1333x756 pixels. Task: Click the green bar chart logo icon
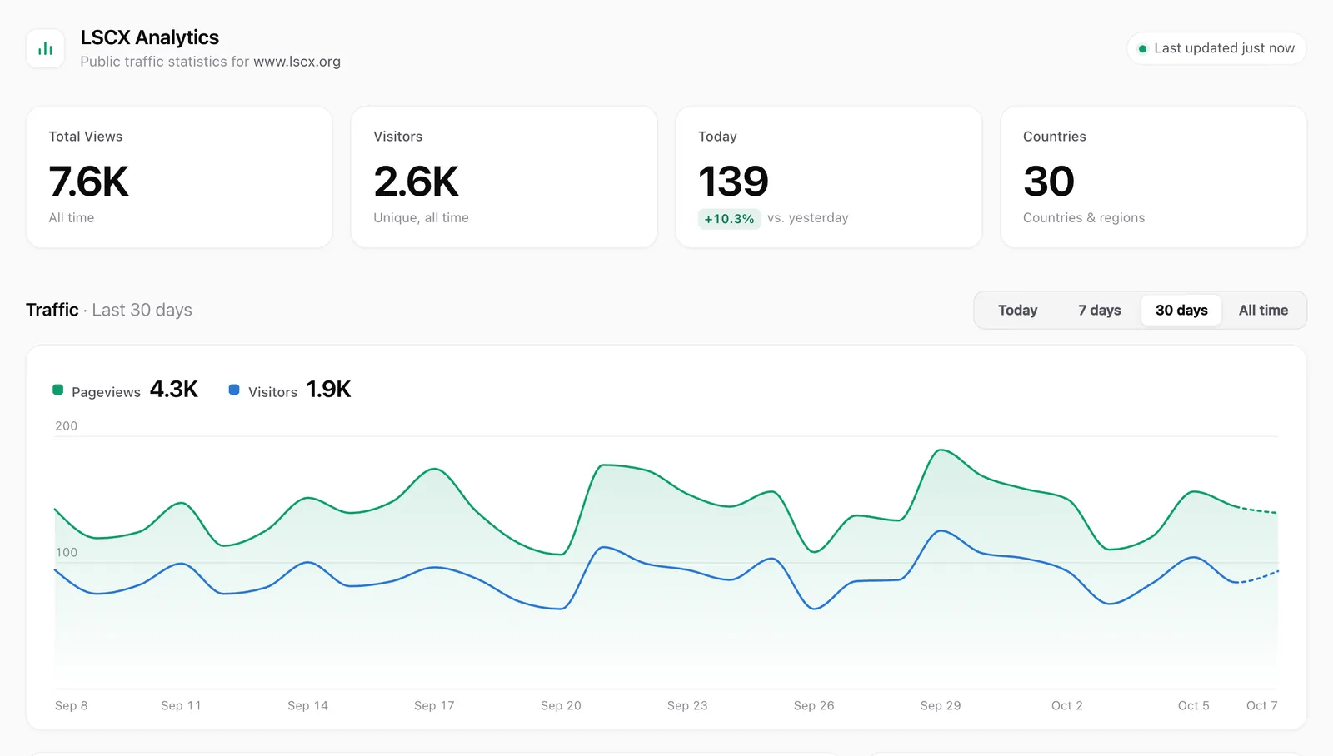coord(45,49)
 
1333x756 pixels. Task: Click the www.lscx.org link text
coord(297,62)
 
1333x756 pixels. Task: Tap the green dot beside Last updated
coord(1142,49)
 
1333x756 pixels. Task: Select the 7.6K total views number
coord(88,181)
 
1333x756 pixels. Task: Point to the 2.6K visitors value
coord(416,181)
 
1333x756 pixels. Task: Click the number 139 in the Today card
coord(733,181)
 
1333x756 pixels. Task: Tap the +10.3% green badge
coord(729,218)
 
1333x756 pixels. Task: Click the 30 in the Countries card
coord(1049,181)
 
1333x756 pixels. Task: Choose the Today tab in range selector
coord(1017,310)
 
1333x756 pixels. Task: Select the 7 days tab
coord(1099,310)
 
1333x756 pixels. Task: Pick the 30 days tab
coord(1181,310)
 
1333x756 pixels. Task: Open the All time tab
coord(1263,310)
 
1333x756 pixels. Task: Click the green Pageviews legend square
coord(57,390)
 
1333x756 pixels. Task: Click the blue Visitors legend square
coord(234,390)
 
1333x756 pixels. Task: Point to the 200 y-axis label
coord(66,426)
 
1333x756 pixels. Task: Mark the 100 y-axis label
coord(66,552)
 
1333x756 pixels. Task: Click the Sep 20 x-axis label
coord(561,705)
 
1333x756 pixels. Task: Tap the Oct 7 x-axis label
coord(1261,705)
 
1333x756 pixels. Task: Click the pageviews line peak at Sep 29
coord(941,450)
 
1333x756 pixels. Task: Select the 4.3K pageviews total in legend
coord(174,389)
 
